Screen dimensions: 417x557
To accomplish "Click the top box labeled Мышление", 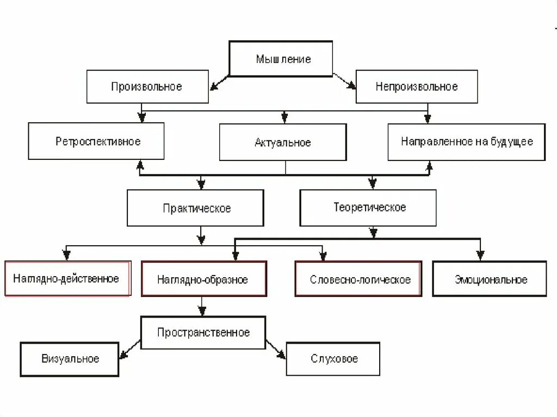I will point(281,59).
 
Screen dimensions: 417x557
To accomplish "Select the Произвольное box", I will point(147,86).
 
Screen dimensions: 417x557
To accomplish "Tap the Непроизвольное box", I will point(417,86).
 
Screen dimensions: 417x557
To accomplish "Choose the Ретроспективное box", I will point(96,141).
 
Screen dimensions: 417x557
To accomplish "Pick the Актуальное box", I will point(283,142).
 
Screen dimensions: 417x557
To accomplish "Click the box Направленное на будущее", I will point(466,141).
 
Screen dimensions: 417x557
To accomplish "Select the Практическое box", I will point(196,208).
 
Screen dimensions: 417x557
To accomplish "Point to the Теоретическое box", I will point(368,208).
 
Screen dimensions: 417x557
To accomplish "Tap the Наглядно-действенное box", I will point(67,279).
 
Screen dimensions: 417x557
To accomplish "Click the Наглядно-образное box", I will point(203,279).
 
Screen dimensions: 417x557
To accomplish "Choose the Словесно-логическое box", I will point(358,279).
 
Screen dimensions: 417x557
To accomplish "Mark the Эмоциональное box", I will point(490,279).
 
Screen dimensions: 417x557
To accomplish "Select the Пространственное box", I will point(203,332).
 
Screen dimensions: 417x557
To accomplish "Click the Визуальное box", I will point(70,359).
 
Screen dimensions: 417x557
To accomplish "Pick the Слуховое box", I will point(333,359).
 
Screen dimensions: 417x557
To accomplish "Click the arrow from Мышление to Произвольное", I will point(219,80).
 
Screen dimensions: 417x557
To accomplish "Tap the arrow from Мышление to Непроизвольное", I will point(344,80).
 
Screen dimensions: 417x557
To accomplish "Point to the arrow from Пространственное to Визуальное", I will point(129,349).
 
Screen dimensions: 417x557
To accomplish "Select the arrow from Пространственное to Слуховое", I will point(276,350).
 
